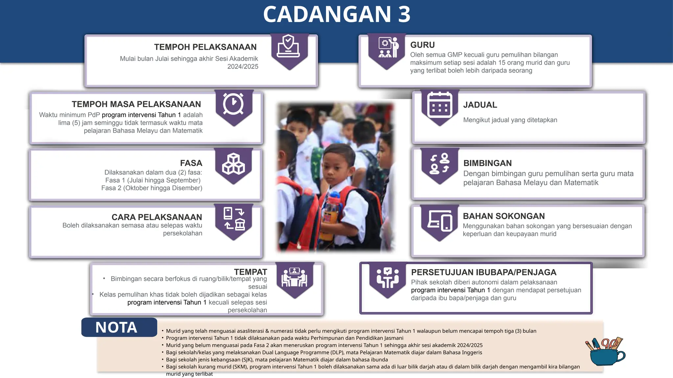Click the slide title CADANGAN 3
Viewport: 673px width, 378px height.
pyautogui.click(x=337, y=14)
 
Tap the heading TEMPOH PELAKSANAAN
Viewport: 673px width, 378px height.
pyautogui.click(x=205, y=47)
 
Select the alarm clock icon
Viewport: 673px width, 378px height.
pyautogui.click(x=233, y=104)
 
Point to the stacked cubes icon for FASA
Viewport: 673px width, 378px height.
pyautogui.click(x=233, y=164)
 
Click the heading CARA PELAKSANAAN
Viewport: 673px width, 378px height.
pyautogui.click(x=157, y=217)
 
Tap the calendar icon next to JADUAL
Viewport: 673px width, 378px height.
pyautogui.click(x=440, y=105)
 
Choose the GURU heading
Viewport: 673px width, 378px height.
pyautogui.click(x=423, y=45)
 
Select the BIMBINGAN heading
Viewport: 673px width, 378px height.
pyautogui.click(x=487, y=163)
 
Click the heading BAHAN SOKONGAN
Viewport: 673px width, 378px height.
pyautogui.click(x=504, y=216)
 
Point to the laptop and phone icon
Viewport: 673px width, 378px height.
pyautogui.click(x=440, y=220)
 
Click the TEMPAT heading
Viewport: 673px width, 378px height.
pyautogui.click(x=250, y=272)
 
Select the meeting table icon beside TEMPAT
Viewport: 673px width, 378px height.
pyautogui.click(x=294, y=278)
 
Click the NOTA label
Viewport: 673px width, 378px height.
pyautogui.click(x=116, y=327)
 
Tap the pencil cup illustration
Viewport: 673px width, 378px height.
pyautogui.click(x=606, y=352)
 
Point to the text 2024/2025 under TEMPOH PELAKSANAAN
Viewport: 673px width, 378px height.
pyautogui.click(x=243, y=67)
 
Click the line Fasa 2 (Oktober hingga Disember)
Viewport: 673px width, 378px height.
pyautogui.click(x=152, y=188)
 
